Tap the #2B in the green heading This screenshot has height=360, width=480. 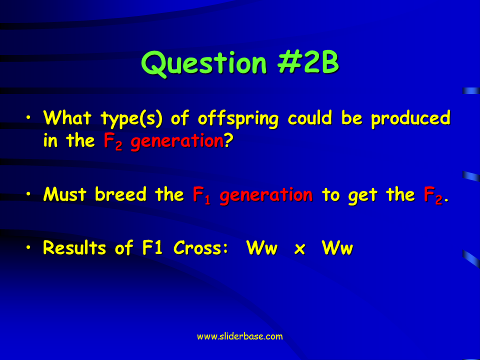point(308,62)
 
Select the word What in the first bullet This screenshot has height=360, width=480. point(67,117)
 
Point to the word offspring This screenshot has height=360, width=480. point(238,119)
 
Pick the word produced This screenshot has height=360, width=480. point(411,119)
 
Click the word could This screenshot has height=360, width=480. point(310,117)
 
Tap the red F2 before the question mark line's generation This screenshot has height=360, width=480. point(113,141)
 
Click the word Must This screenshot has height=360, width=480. point(65,194)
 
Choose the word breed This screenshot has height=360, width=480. point(120,194)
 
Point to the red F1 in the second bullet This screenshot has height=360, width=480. point(201,195)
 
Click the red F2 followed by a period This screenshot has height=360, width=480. point(433,195)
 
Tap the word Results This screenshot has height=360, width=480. point(74,247)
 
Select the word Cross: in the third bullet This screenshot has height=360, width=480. point(201,247)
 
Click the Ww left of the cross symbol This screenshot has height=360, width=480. point(261,247)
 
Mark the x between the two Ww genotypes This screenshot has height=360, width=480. point(299,249)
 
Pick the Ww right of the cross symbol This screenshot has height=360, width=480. point(337,247)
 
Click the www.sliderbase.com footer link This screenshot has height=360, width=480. point(239,336)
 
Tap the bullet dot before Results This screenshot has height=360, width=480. point(28,247)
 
